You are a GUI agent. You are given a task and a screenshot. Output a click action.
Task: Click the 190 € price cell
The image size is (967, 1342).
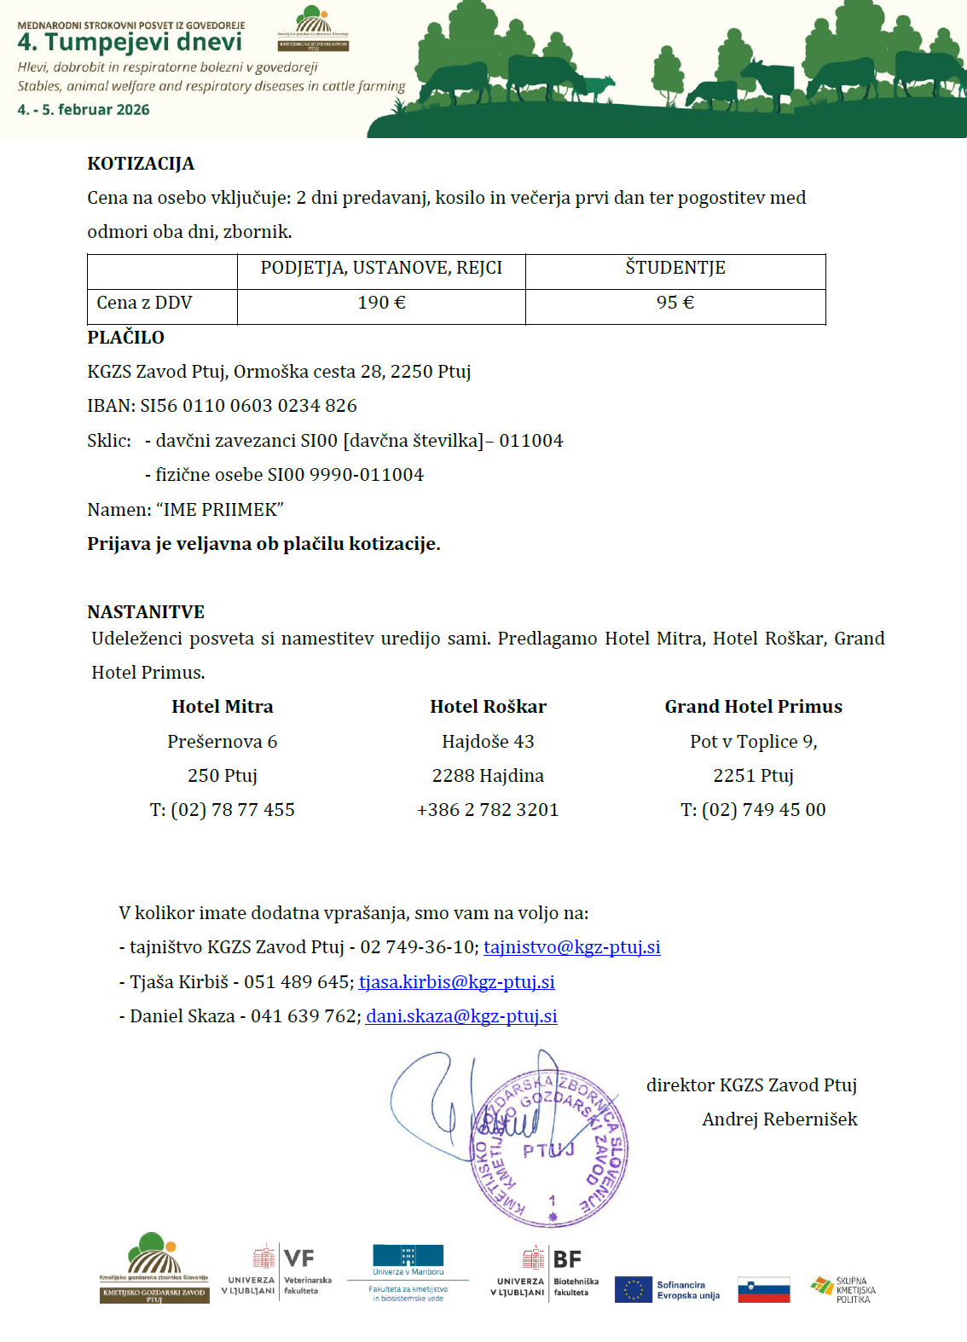point(381,303)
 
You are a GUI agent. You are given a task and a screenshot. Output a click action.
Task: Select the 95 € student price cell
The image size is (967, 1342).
point(675,303)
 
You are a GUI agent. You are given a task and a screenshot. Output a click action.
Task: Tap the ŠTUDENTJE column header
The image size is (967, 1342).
point(675,268)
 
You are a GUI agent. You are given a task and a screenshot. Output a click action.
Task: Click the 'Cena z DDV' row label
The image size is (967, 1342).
point(144,303)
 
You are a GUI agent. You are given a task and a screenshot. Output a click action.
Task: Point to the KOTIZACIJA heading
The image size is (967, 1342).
point(141,164)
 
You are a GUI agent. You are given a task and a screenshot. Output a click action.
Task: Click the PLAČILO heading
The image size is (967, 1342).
point(125,338)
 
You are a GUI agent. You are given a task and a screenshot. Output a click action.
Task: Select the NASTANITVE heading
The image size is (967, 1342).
point(146,612)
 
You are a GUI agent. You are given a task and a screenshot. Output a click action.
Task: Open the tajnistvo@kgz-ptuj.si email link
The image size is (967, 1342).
point(571,947)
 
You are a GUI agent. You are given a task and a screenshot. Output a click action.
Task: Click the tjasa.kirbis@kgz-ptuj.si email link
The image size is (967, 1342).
point(456,982)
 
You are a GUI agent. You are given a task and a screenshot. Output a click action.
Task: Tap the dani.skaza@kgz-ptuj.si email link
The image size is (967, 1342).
point(461,1016)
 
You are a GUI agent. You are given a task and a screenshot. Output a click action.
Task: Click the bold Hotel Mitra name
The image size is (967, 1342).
point(222,707)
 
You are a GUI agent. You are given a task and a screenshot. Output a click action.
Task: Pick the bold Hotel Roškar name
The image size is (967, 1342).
point(488,707)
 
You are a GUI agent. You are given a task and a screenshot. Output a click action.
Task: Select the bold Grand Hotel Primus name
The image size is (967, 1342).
point(753,707)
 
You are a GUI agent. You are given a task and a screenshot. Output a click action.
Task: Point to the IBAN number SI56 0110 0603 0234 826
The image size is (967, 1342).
point(248,406)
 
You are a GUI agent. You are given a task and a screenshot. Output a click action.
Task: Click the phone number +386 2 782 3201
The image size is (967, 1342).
point(488,810)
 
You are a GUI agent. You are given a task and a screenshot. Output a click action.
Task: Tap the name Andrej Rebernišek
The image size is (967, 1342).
point(779,1119)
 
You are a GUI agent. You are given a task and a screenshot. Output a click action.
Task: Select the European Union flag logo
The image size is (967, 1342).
point(633,1290)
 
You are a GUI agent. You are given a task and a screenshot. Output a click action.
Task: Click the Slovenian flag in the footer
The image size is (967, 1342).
point(763,1290)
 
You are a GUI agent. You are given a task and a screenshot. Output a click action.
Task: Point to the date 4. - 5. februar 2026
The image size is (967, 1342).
point(84,110)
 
